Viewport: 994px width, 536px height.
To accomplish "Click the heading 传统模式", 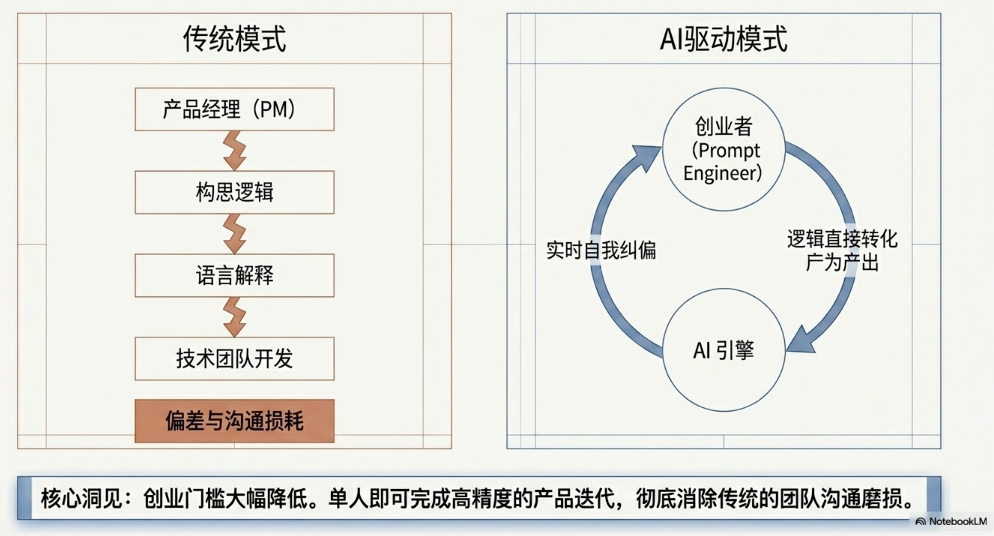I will click(234, 39).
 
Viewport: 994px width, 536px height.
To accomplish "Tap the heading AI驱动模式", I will click(723, 39).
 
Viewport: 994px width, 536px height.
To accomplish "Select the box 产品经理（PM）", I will click(234, 109).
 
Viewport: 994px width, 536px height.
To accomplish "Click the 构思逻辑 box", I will click(234, 192).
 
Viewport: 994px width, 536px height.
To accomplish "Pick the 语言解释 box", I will click(234, 275).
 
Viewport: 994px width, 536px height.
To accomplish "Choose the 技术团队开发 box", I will click(234, 359).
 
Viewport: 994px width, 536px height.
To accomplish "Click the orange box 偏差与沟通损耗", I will click(234, 421).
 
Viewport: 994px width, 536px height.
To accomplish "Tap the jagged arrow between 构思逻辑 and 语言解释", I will click(234, 234).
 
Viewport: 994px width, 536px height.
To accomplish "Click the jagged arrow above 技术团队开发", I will click(234, 317).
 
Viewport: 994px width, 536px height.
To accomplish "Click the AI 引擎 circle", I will click(724, 350).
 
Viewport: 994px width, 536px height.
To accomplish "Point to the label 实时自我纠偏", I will click(601, 250).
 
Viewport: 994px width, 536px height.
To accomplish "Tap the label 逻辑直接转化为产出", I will click(842, 251).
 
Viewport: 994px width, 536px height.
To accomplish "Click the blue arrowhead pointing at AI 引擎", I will click(801, 342).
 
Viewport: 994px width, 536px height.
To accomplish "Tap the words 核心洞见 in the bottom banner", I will click(81, 499).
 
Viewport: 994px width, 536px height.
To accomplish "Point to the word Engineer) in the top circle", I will click(722, 173).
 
